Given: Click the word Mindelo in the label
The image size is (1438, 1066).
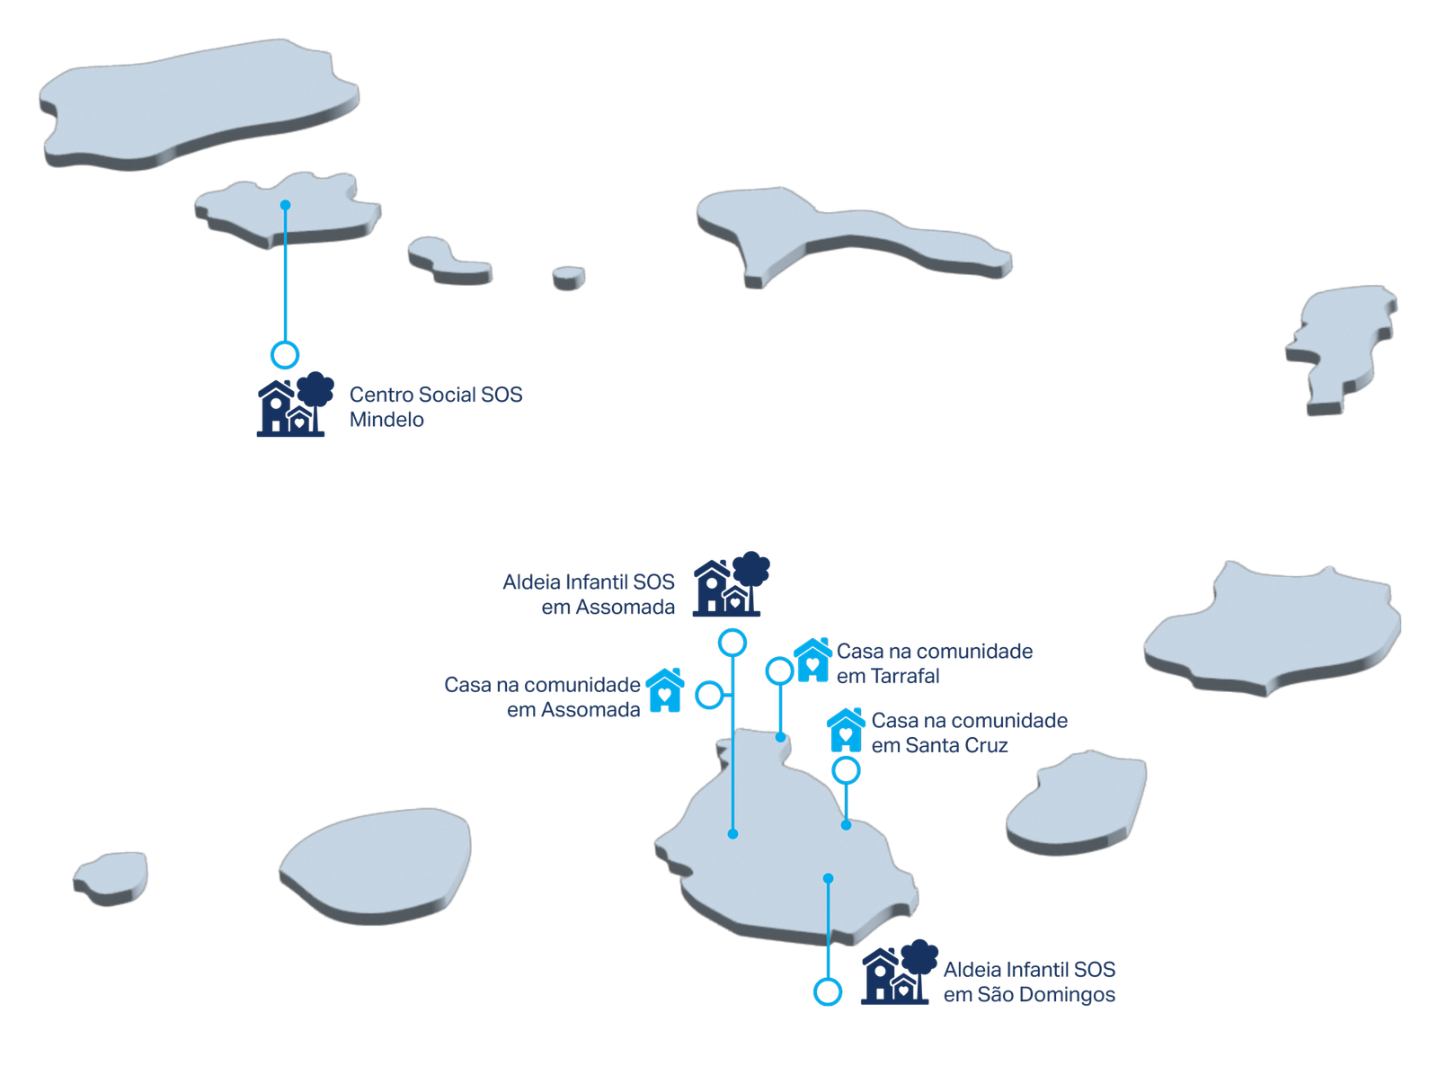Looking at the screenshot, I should [x=386, y=421].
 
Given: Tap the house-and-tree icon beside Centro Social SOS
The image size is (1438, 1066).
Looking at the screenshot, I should [x=294, y=405].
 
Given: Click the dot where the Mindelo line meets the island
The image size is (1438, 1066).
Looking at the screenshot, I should [x=285, y=205].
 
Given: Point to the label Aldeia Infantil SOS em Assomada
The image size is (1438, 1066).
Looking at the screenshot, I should [x=589, y=595].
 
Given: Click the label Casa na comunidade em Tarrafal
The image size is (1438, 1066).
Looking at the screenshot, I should [x=934, y=663].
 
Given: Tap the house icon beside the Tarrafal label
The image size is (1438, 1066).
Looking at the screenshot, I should [x=812, y=661].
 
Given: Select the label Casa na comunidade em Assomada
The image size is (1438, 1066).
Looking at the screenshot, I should [x=543, y=697].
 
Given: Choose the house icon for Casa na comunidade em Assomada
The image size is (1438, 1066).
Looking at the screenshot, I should [x=665, y=690].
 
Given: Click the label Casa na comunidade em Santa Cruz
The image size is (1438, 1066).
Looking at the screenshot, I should [x=969, y=733].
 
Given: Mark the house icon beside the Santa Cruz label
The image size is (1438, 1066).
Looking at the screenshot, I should [x=846, y=730].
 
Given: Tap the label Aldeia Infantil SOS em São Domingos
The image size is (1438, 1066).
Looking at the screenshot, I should [x=1029, y=982].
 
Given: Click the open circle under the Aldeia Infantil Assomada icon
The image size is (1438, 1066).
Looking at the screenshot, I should [x=733, y=643].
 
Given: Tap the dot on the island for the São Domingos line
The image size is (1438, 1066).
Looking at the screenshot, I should [x=828, y=878].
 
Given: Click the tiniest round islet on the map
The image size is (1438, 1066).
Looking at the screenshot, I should [x=568, y=276].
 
